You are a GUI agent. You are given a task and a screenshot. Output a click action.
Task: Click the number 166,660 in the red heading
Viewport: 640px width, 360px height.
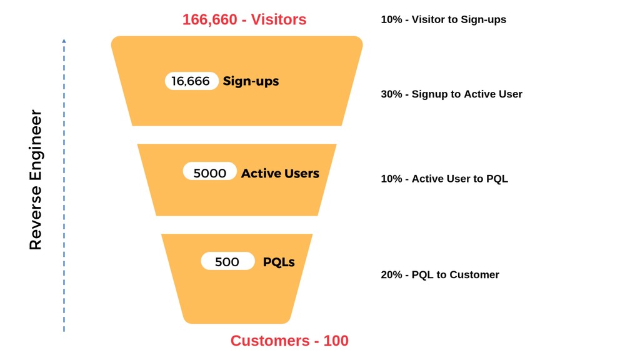210,19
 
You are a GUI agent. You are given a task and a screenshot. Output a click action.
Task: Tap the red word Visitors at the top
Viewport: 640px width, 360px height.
278,19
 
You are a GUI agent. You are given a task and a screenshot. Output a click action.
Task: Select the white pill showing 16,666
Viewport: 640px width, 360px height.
191,81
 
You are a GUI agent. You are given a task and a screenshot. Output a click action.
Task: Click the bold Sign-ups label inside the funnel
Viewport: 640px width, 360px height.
251,81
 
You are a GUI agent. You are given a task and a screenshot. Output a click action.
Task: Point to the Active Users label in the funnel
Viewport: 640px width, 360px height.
280,173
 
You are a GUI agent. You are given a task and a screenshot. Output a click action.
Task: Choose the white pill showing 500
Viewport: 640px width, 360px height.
227,261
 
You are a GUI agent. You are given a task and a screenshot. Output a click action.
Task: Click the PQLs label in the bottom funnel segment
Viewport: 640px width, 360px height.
279,262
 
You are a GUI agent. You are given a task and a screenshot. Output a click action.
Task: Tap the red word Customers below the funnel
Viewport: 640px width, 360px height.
270,341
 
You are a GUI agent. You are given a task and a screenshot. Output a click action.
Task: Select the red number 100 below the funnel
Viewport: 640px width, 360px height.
336,341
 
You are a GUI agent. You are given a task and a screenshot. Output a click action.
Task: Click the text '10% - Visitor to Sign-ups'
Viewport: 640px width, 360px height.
443,19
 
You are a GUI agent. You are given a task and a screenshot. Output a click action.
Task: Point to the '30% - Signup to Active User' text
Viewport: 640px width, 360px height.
451,94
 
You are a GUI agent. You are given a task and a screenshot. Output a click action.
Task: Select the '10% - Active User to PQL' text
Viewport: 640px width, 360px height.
444,179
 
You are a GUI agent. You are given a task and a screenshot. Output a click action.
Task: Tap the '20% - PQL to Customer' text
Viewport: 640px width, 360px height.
440,275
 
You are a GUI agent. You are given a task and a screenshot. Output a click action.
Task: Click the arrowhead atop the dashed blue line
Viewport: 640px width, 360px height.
64,41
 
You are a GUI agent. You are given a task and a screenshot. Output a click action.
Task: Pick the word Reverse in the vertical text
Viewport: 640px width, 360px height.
36,218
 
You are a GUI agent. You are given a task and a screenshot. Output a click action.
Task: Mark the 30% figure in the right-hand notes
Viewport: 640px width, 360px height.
391,94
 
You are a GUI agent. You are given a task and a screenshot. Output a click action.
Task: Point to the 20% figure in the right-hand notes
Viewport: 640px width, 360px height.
391,275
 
